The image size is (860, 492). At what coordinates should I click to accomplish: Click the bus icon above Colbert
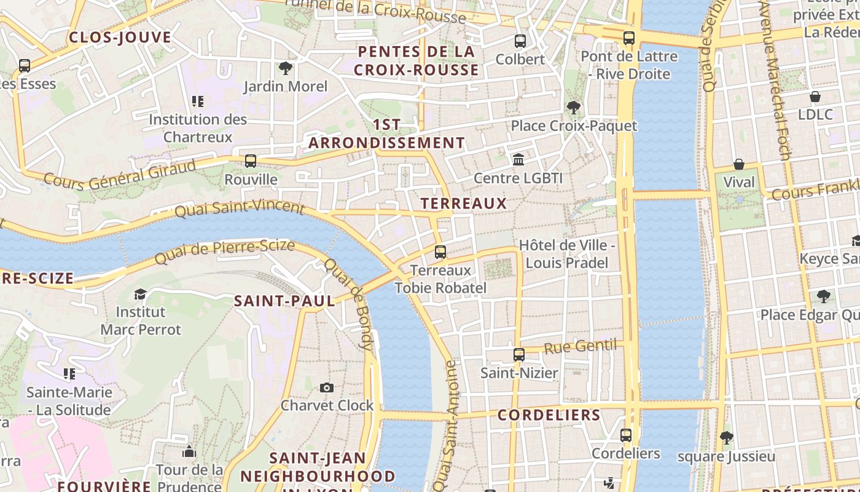(x=520, y=41)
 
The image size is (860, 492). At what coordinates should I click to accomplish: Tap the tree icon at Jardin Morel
(x=285, y=68)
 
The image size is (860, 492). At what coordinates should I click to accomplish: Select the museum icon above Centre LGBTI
(x=518, y=160)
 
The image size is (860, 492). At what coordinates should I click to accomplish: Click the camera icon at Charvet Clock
(x=327, y=387)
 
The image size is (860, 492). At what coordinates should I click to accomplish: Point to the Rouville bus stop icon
(x=251, y=161)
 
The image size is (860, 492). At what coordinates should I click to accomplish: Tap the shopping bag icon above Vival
(x=738, y=164)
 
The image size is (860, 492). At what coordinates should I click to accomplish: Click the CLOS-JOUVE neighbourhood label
(x=120, y=38)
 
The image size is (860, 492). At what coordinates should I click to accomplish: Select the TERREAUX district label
(x=464, y=204)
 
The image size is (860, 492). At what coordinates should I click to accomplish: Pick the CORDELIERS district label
(x=549, y=415)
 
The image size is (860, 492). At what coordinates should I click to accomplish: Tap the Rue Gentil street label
(x=580, y=346)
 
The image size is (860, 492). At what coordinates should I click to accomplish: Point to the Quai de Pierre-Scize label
(x=224, y=252)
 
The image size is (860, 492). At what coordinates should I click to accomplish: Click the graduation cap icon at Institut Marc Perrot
(x=140, y=294)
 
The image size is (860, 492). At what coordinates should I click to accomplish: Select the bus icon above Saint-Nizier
(x=519, y=355)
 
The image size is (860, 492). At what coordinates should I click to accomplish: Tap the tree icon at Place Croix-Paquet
(x=574, y=108)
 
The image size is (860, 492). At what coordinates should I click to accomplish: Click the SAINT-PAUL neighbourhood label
(x=284, y=301)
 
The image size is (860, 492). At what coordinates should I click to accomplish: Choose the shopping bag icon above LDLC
(x=815, y=97)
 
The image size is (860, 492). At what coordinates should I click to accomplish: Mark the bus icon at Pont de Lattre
(x=628, y=38)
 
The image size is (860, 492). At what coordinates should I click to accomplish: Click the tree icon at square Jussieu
(x=726, y=438)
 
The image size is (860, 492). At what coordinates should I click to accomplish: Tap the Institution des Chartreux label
(x=198, y=128)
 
